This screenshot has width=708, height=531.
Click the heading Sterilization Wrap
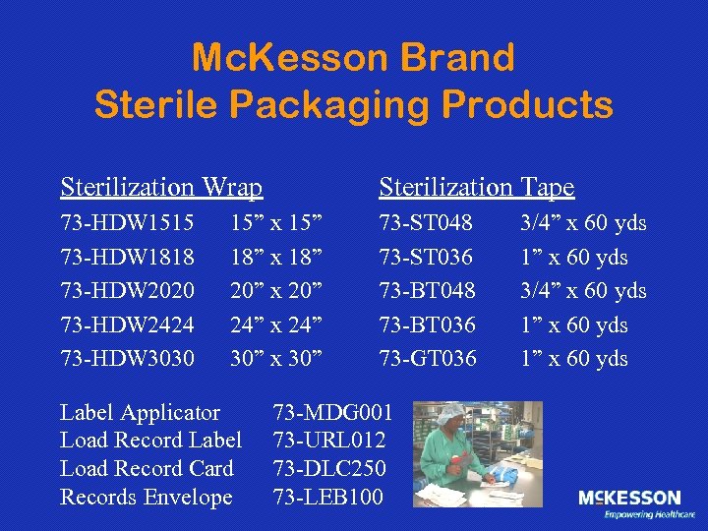click(x=161, y=187)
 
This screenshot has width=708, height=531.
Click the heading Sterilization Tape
click(x=476, y=187)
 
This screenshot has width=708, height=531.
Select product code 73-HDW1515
click(x=127, y=223)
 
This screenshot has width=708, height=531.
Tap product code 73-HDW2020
click(x=127, y=291)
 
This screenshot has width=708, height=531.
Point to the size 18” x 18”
click(x=276, y=258)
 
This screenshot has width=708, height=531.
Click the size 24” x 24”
click(x=276, y=324)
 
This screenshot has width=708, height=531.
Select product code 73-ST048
click(x=426, y=223)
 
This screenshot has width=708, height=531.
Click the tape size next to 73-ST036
click(x=573, y=258)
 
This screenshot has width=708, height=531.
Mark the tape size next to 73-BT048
click(x=583, y=291)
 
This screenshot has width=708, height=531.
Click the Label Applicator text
click(x=141, y=412)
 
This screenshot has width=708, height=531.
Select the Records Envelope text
click(x=147, y=498)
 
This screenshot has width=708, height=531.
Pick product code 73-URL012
click(x=329, y=441)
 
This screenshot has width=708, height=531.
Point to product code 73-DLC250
click(x=329, y=469)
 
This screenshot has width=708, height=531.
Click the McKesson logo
click(x=629, y=502)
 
